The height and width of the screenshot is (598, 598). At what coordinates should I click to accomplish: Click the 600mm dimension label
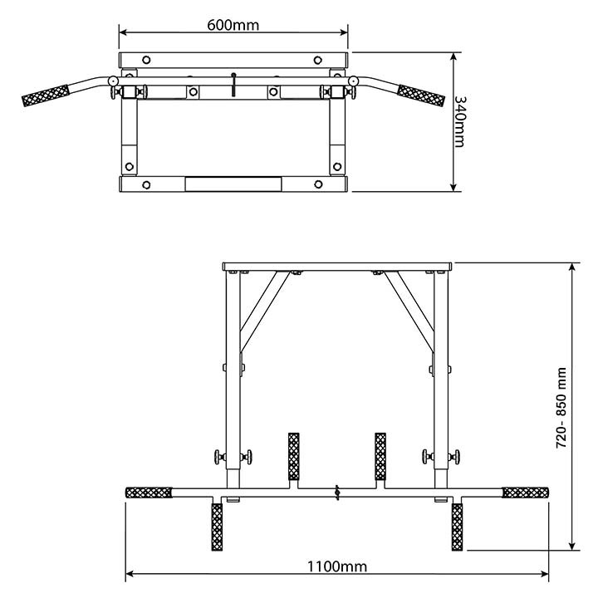click(233, 25)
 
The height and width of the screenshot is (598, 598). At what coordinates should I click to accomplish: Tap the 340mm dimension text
click(460, 121)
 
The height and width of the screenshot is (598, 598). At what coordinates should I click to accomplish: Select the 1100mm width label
click(337, 566)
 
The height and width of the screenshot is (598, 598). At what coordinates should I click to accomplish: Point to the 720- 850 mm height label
click(561, 408)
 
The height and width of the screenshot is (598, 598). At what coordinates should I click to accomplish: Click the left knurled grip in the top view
click(46, 96)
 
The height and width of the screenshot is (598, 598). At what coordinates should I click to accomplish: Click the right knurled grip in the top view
click(421, 96)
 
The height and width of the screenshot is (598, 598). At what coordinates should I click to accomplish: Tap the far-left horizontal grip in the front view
click(149, 493)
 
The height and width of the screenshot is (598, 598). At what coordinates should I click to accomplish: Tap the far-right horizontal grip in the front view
click(526, 493)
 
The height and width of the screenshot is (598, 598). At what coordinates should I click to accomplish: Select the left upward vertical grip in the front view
click(294, 457)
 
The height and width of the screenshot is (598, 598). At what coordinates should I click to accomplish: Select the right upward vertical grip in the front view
click(380, 457)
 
